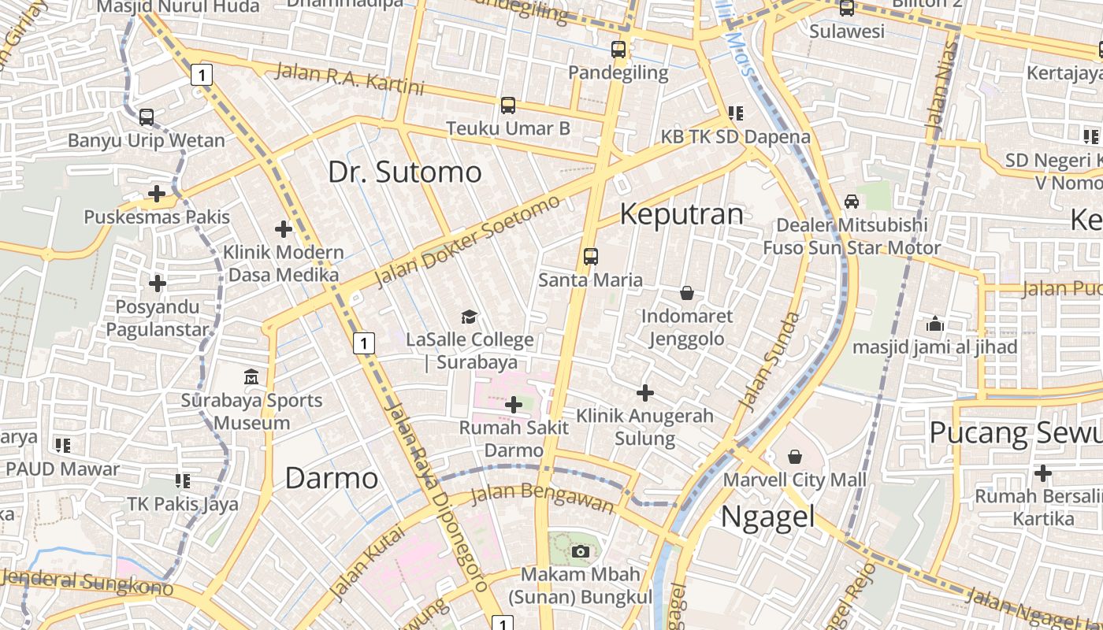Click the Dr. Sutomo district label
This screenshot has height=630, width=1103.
pyautogui.click(x=404, y=172)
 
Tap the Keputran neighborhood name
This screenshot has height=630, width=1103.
pyautogui.click(x=681, y=214)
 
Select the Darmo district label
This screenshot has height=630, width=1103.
pyautogui.click(x=331, y=478)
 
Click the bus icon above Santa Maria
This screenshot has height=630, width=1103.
pyautogui.click(x=591, y=256)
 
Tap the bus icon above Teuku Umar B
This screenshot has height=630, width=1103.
pyautogui.click(x=508, y=105)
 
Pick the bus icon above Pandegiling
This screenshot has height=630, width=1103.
pyautogui.click(x=618, y=50)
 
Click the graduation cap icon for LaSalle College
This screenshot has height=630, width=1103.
pyautogui.click(x=470, y=317)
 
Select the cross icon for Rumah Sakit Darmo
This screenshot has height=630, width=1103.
pyautogui.click(x=514, y=405)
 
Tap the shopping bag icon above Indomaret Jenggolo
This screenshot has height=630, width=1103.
pyautogui.click(x=687, y=293)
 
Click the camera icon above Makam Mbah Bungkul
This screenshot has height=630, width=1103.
pyautogui.click(x=581, y=551)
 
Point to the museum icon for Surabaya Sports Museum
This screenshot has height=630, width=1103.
pyautogui.click(x=251, y=376)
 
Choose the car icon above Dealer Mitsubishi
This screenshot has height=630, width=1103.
pyautogui.click(x=852, y=202)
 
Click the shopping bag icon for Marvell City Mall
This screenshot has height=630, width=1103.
pyautogui.click(x=795, y=457)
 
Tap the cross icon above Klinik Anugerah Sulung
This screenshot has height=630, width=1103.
pyautogui.click(x=645, y=392)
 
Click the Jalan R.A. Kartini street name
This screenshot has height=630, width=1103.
pyautogui.click(x=349, y=80)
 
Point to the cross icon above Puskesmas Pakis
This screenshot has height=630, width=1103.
pyautogui.click(x=157, y=193)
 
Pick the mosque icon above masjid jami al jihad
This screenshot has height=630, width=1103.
pyautogui.click(x=935, y=323)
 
